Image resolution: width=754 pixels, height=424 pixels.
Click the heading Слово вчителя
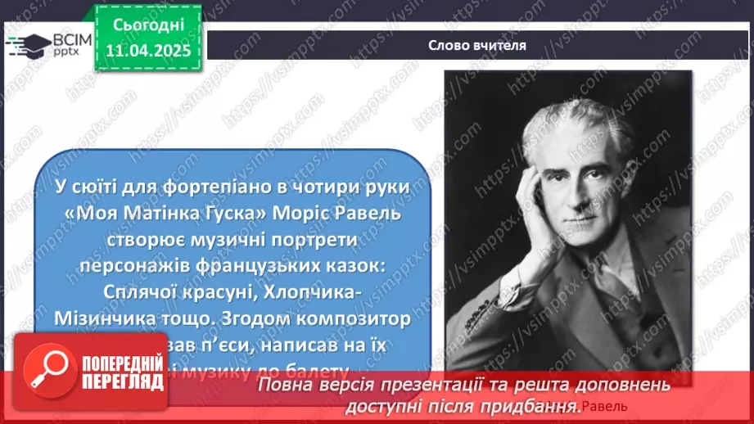point(476,46)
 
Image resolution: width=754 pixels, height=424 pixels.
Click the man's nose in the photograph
point(592,187)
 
